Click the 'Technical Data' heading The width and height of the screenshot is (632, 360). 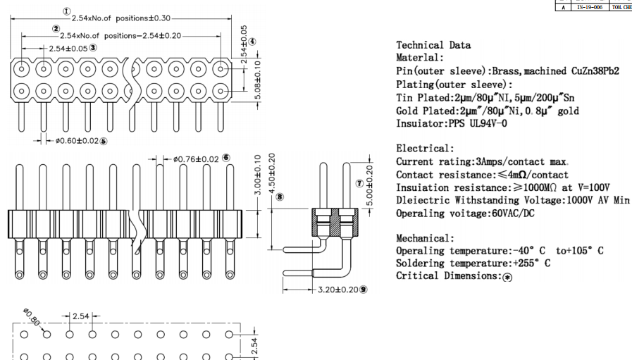click(x=433, y=45)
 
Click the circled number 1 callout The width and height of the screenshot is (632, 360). click(x=66, y=11)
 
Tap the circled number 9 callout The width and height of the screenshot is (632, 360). click(x=364, y=290)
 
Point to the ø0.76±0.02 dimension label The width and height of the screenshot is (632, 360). click(x=195, y=159)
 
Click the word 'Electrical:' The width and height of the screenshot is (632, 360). click(x=425, y=149)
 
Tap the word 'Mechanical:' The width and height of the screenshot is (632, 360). click(x=425, y=239)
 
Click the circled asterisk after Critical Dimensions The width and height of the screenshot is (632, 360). click(x=507, y=277)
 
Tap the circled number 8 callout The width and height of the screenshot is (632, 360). click(x=280, y=197)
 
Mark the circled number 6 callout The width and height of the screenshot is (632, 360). click(x=226, y=158)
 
